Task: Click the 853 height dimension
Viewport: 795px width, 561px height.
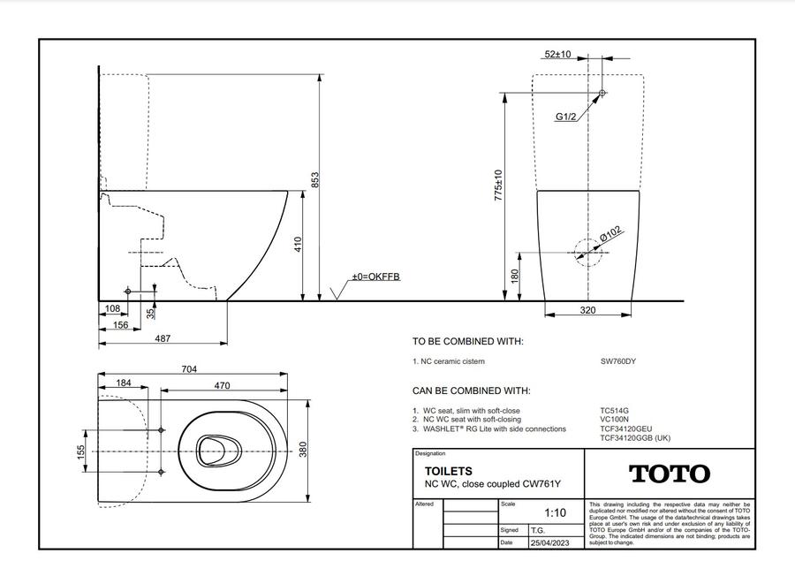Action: coord(314,180)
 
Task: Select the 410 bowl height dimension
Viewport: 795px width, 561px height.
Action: coord(298,245)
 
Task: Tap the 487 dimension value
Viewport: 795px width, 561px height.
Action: coord(163,337)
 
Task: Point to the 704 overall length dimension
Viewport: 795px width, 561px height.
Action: coord(189,369)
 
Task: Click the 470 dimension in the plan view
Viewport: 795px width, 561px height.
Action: coord(222,385)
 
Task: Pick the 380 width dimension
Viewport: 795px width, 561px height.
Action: coord(303,450)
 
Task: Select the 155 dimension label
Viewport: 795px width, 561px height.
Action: coord(81,452)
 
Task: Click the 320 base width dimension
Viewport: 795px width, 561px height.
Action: coord(587,310)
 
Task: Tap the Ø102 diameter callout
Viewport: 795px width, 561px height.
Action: coord(609,234)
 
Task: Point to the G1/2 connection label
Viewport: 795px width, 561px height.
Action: coord(566,117)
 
